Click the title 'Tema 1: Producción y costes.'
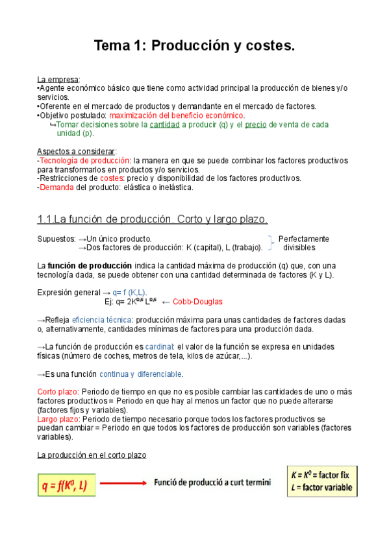(x=194, y=46)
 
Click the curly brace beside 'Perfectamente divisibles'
(x=270, y=243)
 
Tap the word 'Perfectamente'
(x=303, y=239)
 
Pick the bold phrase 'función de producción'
(x=90, y=266)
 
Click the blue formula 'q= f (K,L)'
(x=130, y=293)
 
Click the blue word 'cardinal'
(x=158, y=347)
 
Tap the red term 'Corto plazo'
(x=57, y=392)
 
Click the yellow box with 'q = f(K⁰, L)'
(x=66, y=483)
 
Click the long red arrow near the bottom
(x=124, y=483)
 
